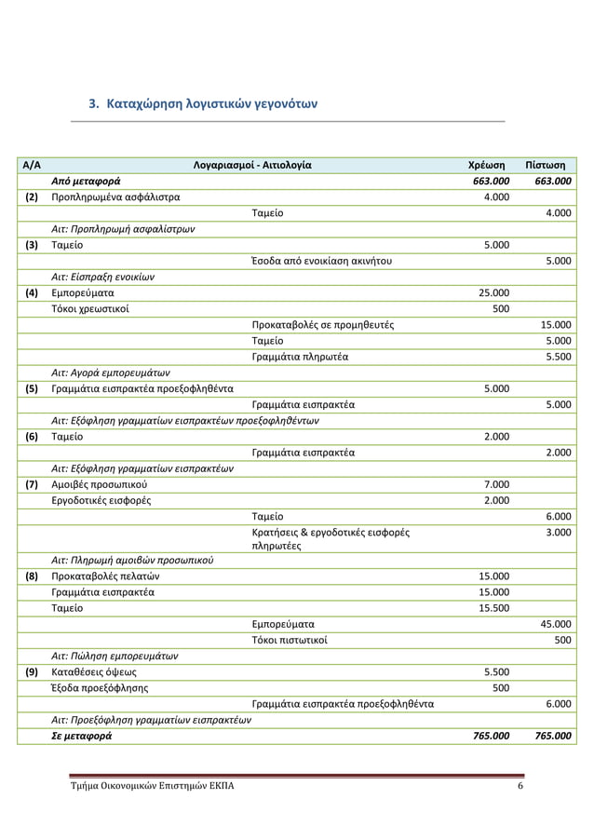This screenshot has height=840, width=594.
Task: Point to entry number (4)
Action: pyautogui.click(x=31, y=292)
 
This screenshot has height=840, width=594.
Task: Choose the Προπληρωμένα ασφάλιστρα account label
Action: pyautogui.click(x=115, y=197)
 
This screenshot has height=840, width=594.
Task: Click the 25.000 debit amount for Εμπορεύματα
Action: pyautogui.click(x=493, y=292)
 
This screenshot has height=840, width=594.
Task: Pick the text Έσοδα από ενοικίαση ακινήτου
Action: pyautogui.click(x=322, y=261)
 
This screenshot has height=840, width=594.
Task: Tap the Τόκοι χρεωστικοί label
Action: pyautogui.click(x=90, y=308)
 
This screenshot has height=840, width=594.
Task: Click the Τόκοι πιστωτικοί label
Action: pyautogui.click(x=289, y=640)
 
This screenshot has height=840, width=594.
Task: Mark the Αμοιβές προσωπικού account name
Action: pyautogui.click(x=99, y=484)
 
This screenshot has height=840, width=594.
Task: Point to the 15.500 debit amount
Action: pyautogui.click(x=493, y=608)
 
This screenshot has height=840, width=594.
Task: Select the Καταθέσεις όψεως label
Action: pyautogui.click(x=94, y=671)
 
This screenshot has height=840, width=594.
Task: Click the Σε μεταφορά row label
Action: pyautogui.click(x=81, y=736)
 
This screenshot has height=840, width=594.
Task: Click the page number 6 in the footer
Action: pyautogui.click(x=520, y=786)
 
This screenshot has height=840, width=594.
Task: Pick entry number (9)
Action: pyautogui.click(x=31, y=671)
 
